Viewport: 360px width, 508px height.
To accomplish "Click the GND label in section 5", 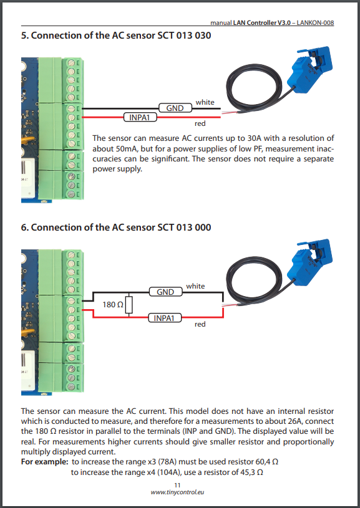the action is pos(175,108).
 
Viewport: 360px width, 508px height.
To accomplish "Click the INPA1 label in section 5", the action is pos(140,117).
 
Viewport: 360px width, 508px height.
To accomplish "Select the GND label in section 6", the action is pos(165,292).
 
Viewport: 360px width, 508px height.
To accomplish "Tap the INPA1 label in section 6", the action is pos(165,318).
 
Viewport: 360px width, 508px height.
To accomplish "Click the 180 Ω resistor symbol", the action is pos(129,305).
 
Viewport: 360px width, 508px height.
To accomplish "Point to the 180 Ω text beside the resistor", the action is pos(113,305).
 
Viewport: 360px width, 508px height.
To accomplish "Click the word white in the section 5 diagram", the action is pos(205,102).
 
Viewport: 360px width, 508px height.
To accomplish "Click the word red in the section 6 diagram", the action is pos(200,324).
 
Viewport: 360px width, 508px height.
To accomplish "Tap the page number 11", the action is pos(177,485).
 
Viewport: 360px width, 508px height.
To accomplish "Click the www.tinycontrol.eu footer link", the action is pos(177,492).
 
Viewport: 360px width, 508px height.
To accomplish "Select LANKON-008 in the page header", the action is pos(315,22).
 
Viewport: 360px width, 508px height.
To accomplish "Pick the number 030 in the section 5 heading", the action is pos(203,36).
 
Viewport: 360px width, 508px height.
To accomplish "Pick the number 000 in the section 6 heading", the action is pos(203,228).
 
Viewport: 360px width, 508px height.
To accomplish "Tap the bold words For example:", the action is pos(45,462).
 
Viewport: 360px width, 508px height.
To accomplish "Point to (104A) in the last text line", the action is pos(169,472).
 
